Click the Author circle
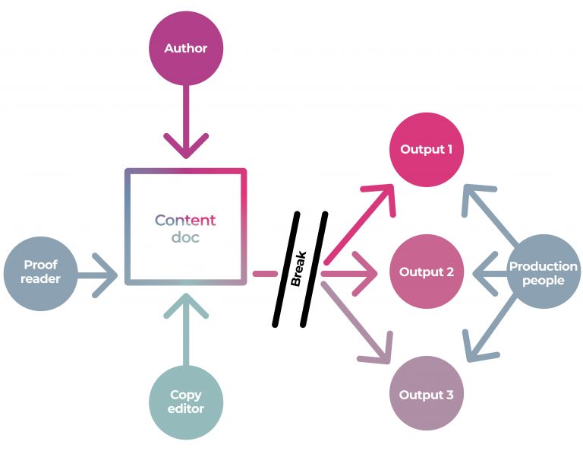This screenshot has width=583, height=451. [186, 49]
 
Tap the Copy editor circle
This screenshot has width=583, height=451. [186, 402]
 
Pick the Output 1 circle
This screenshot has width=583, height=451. [427, 149]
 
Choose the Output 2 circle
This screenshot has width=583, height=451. [427, 272]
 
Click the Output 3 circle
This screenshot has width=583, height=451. [427, 395]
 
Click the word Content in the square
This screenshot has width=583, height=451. [186, 221]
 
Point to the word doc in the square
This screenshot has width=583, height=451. [186, 238]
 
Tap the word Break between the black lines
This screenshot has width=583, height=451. [300, 270]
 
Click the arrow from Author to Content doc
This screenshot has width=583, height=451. [186, 122]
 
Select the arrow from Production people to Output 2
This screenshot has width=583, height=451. [490, 272]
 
